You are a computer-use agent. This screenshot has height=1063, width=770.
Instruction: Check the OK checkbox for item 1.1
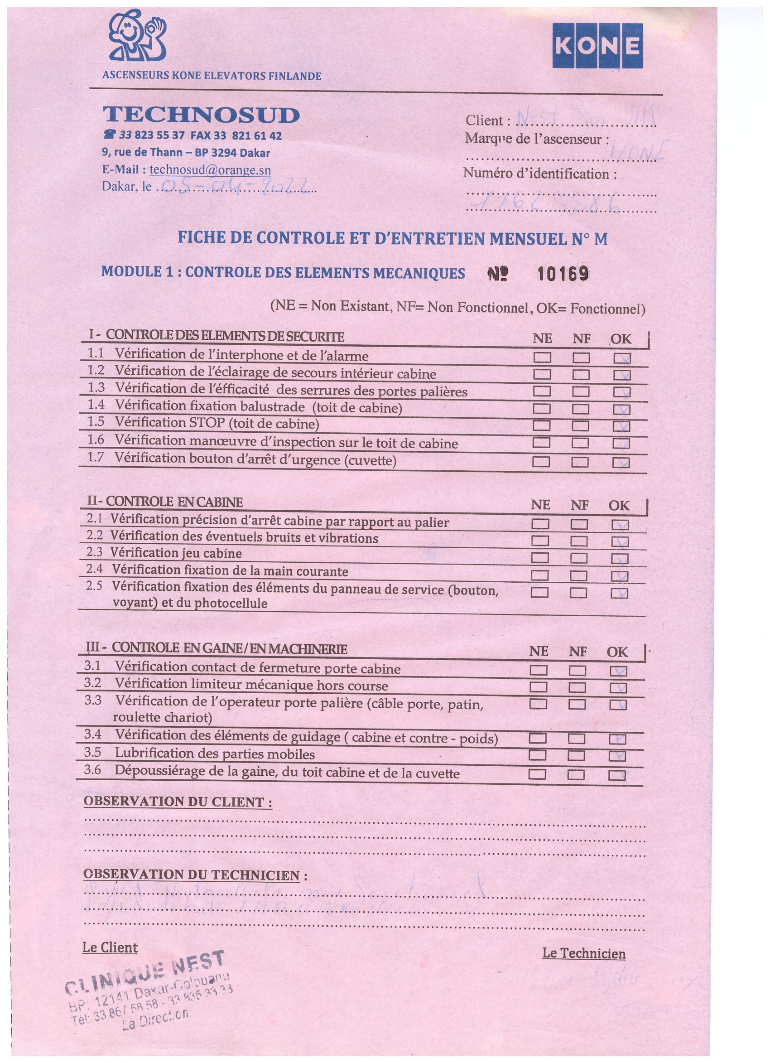[x=622, y=358]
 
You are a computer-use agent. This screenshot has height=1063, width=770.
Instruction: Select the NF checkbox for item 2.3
[x=579, y=558]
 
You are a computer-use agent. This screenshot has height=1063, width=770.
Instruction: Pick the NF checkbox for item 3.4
[x=577, y=739]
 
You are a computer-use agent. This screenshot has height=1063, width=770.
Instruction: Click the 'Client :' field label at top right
[x=487, y=121]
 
